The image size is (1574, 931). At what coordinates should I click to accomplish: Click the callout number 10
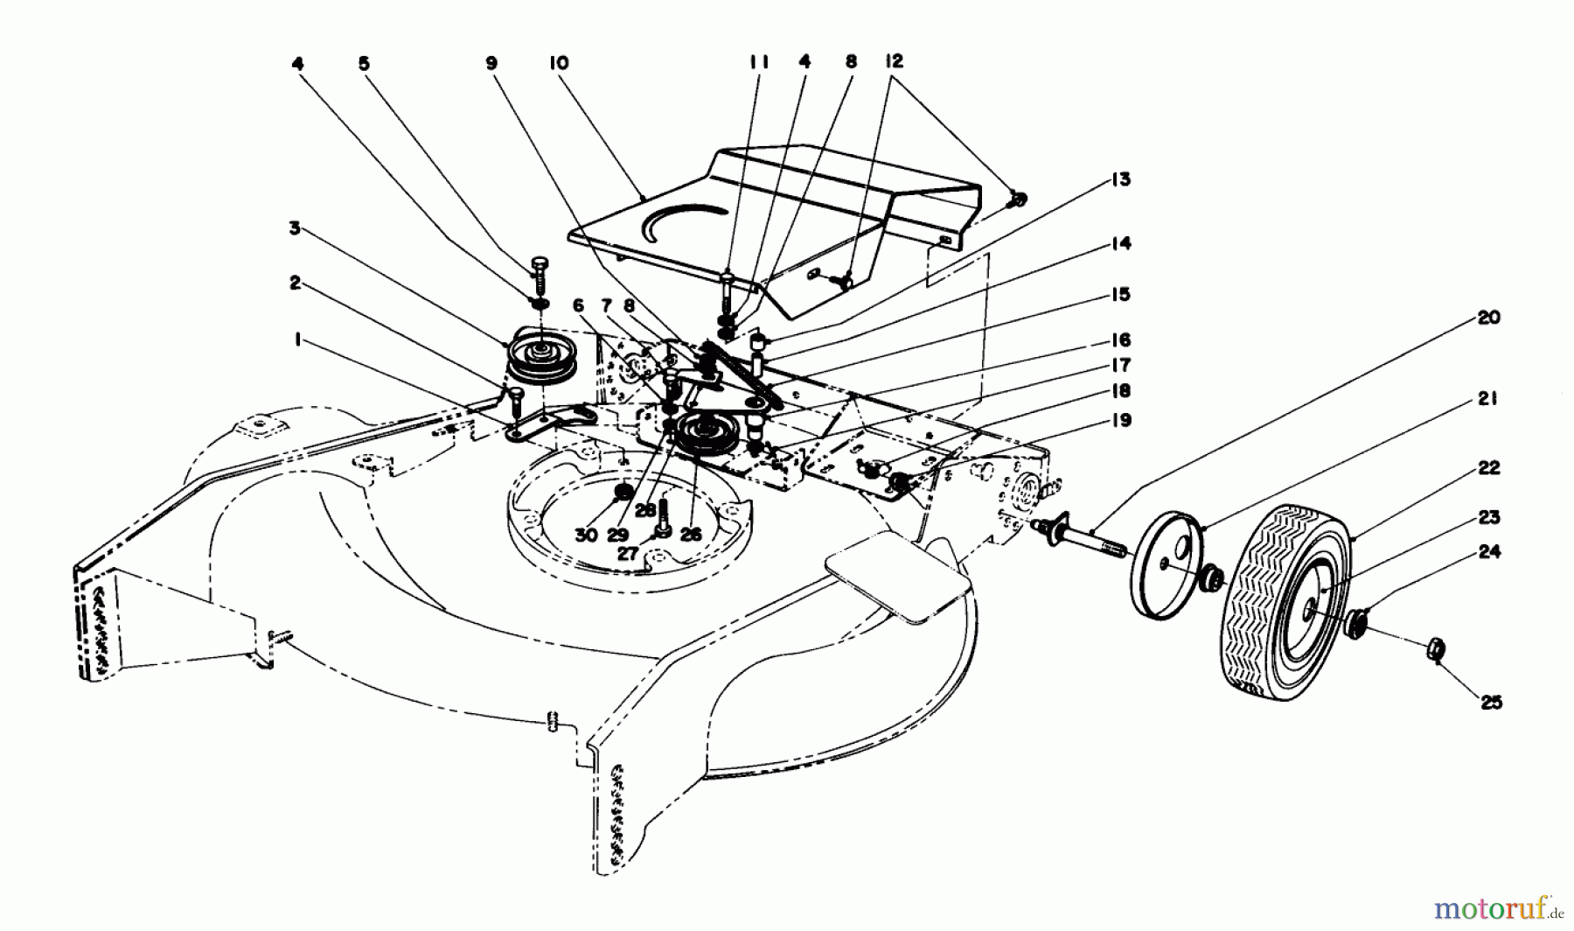(x=559, y=63)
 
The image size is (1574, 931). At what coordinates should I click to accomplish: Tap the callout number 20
(x=1489, y=318)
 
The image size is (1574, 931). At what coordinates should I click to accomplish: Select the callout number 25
(x=1491, y=702)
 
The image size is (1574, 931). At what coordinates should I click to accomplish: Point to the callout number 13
(x=1120, y=179)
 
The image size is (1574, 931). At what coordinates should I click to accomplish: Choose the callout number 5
(x=364, y=63)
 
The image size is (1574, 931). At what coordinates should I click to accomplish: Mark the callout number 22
(x=1489, y=469)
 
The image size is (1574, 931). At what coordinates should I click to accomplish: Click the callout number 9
(x=491, y=63)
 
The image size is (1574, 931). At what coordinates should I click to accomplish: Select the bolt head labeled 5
(x=538, y=262)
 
